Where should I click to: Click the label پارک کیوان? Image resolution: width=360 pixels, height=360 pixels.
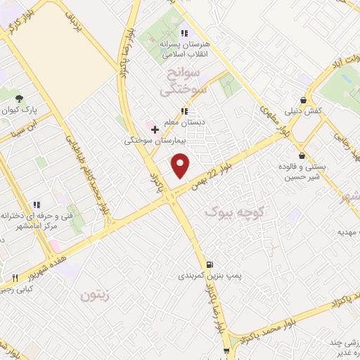click(20, 111)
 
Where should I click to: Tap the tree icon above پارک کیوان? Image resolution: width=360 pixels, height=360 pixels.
click(20, 98)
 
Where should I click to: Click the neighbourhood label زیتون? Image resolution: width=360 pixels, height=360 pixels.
click(96, 297)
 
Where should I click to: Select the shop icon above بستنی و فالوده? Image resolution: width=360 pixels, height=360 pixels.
click(302, 155)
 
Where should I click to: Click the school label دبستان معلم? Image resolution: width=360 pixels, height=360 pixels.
click(184, 123)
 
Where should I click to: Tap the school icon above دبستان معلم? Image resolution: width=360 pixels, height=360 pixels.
click(184, 111)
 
